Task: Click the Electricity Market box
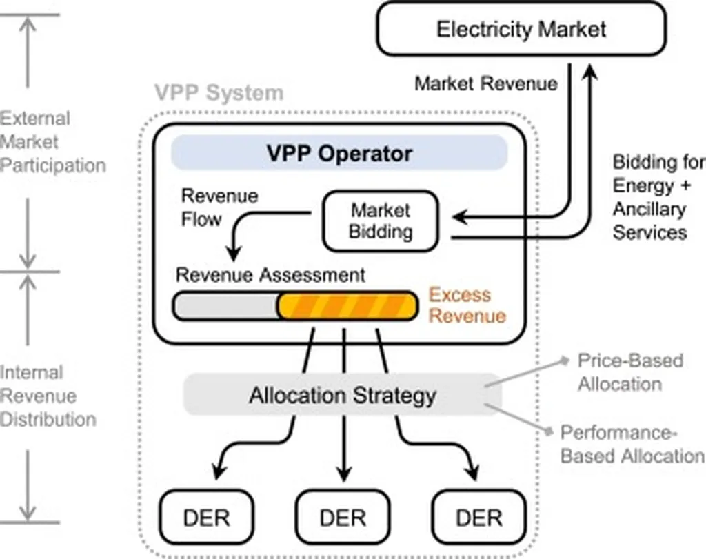[521, 29]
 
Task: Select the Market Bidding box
[379, 221]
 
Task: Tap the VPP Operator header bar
[339, 153]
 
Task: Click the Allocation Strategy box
[342, 396]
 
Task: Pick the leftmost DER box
[205, 516]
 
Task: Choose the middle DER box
[342, 516]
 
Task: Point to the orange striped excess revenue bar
[347, 306]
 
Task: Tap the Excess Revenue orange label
[467, 305]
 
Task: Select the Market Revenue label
[485, 84]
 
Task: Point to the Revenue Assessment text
[270, 275]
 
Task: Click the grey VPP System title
[218, 92]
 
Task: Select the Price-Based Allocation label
[630, 372]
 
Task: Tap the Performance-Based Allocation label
[632, 445]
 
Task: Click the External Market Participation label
[52, 142]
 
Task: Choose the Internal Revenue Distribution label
[48, 396]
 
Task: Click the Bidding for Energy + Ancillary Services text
[657, 197]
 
